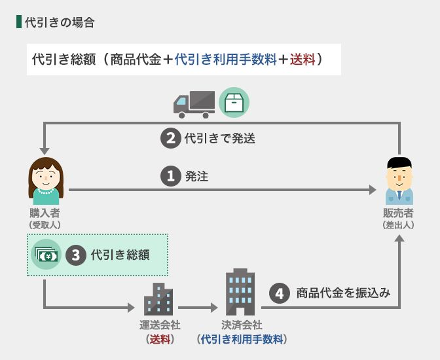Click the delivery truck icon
pos(194,103)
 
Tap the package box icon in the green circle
pos(234,103)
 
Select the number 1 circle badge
pos(170,176)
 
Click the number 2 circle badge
pos(170,138)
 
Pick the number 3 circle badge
pos(77,255)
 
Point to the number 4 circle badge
pos(280,293)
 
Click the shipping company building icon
pos(158,298)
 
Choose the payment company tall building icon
pos(240,291)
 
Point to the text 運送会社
pos(160,325)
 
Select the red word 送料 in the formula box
pos(302,60)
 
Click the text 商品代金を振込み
pos(343,293)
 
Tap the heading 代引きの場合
pos(60,23)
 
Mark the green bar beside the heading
pos(18,22)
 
